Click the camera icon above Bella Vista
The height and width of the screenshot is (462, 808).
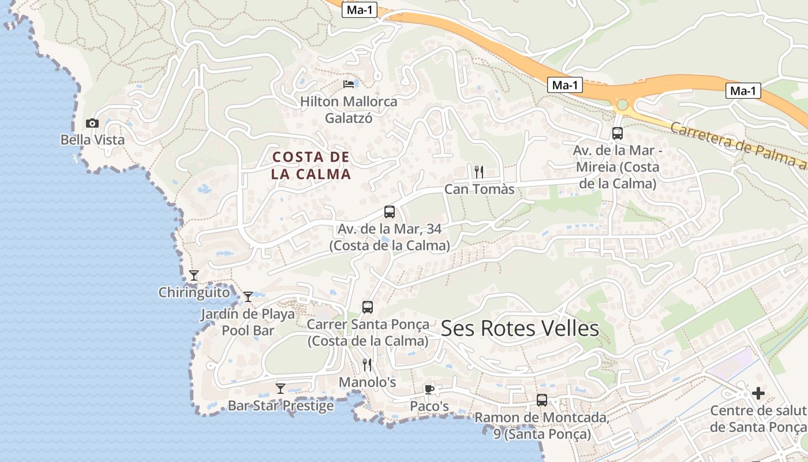pos(92,123)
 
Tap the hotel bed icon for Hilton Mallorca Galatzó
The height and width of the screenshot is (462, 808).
pos(349,84)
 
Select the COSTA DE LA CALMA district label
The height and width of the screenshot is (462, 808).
pos(311,165)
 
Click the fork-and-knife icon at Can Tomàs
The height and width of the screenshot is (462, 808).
pos(478,171)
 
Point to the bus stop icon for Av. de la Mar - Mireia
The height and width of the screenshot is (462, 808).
pos(617,133)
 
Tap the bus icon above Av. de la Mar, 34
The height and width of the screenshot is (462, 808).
pos(390,212)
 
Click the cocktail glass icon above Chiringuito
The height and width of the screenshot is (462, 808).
pos(194,275)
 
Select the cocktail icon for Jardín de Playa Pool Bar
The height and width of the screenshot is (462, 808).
pos(248,297)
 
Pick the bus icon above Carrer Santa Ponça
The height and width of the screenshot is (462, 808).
pos(368,307)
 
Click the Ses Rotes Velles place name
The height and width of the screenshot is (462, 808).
pos(520,329)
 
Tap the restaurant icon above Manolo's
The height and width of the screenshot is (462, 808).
pos(367,364)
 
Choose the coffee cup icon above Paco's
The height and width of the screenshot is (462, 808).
pos(429,389)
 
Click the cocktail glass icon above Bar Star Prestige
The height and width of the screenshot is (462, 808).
pos(280,388)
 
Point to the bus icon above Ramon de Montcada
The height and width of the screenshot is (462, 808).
pos(542,400)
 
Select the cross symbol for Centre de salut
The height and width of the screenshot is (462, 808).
pos(758,393)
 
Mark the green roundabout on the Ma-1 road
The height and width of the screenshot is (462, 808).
pos(622,105)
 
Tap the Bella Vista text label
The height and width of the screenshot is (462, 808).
pos(92,140)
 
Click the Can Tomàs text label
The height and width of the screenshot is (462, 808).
pos(479,189)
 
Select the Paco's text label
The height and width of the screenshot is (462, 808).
pos(429,407)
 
